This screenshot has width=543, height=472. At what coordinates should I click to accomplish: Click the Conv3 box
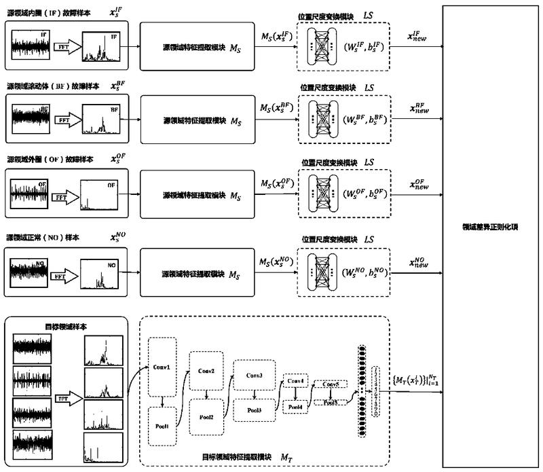click(x=253, y=376)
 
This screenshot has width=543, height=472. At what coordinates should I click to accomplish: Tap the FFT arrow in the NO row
click(x=64, y=276)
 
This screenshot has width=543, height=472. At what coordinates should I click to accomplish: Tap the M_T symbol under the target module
click(x=290, y=458)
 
